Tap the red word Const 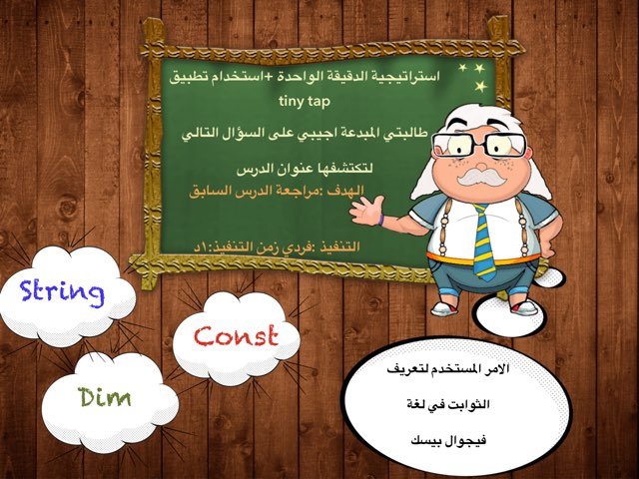point(236,335)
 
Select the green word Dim point(105,396)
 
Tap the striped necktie point(484,239)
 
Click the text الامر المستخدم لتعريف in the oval point(454,368)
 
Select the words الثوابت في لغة point(455,402)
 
